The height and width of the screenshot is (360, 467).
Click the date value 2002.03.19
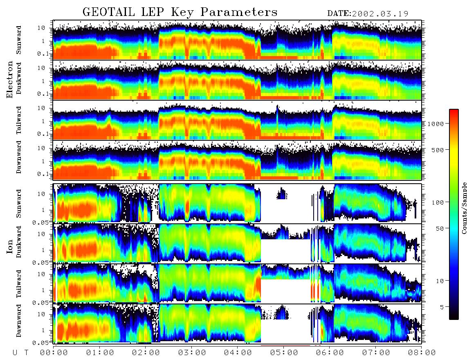[x=380, y=14]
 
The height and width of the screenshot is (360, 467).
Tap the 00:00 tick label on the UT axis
[x=54, y=353]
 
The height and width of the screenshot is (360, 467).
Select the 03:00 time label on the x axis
[x=192, y=353]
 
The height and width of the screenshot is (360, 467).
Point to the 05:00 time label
[x=284, y=353]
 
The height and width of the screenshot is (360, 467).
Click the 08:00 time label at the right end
[x=422, y=353]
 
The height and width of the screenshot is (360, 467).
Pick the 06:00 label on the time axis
[x=330, y=353]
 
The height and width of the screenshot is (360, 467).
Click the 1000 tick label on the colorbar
[x=436, y=124]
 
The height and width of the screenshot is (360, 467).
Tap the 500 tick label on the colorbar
[x=438, y=150]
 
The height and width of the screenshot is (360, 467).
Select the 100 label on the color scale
[x=438, y=202]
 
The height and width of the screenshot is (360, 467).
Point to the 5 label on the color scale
[x=442, y=307]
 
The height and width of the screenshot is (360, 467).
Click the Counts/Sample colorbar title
[x=464, y=208]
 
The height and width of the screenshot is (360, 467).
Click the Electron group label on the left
[x=10, y=79]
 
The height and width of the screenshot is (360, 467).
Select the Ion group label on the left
[x=10, y=246]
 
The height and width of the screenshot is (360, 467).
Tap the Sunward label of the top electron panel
[x=19, y=40]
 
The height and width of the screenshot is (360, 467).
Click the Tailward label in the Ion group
[x=19, y=284]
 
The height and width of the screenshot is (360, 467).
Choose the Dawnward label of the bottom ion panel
[x=19, y=320]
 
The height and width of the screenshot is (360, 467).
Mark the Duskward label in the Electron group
[x=19, y=78]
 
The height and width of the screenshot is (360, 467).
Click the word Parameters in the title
[x=239, y=12]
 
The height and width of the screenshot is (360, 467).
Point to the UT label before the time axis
[x=21, y=353]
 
